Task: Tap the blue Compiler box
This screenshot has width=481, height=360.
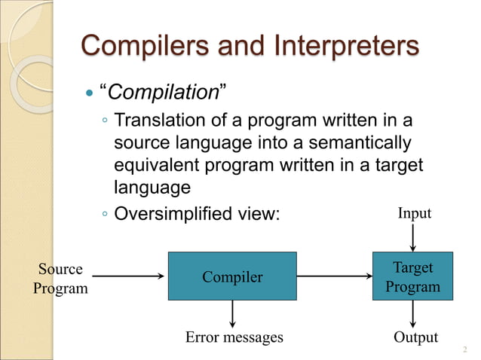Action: (232, 276)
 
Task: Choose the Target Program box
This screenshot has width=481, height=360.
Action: (412, 277)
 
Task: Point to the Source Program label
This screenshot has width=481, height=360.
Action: (60, 278)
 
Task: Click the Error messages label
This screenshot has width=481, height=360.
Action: (234, 337)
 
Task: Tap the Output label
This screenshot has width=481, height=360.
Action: (415, 337)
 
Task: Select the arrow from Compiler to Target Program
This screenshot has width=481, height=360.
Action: (335, 276)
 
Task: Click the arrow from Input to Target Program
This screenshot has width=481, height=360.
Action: (412, 238)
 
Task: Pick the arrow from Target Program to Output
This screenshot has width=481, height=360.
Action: (412, 315)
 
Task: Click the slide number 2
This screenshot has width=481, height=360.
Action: (464, 349)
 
